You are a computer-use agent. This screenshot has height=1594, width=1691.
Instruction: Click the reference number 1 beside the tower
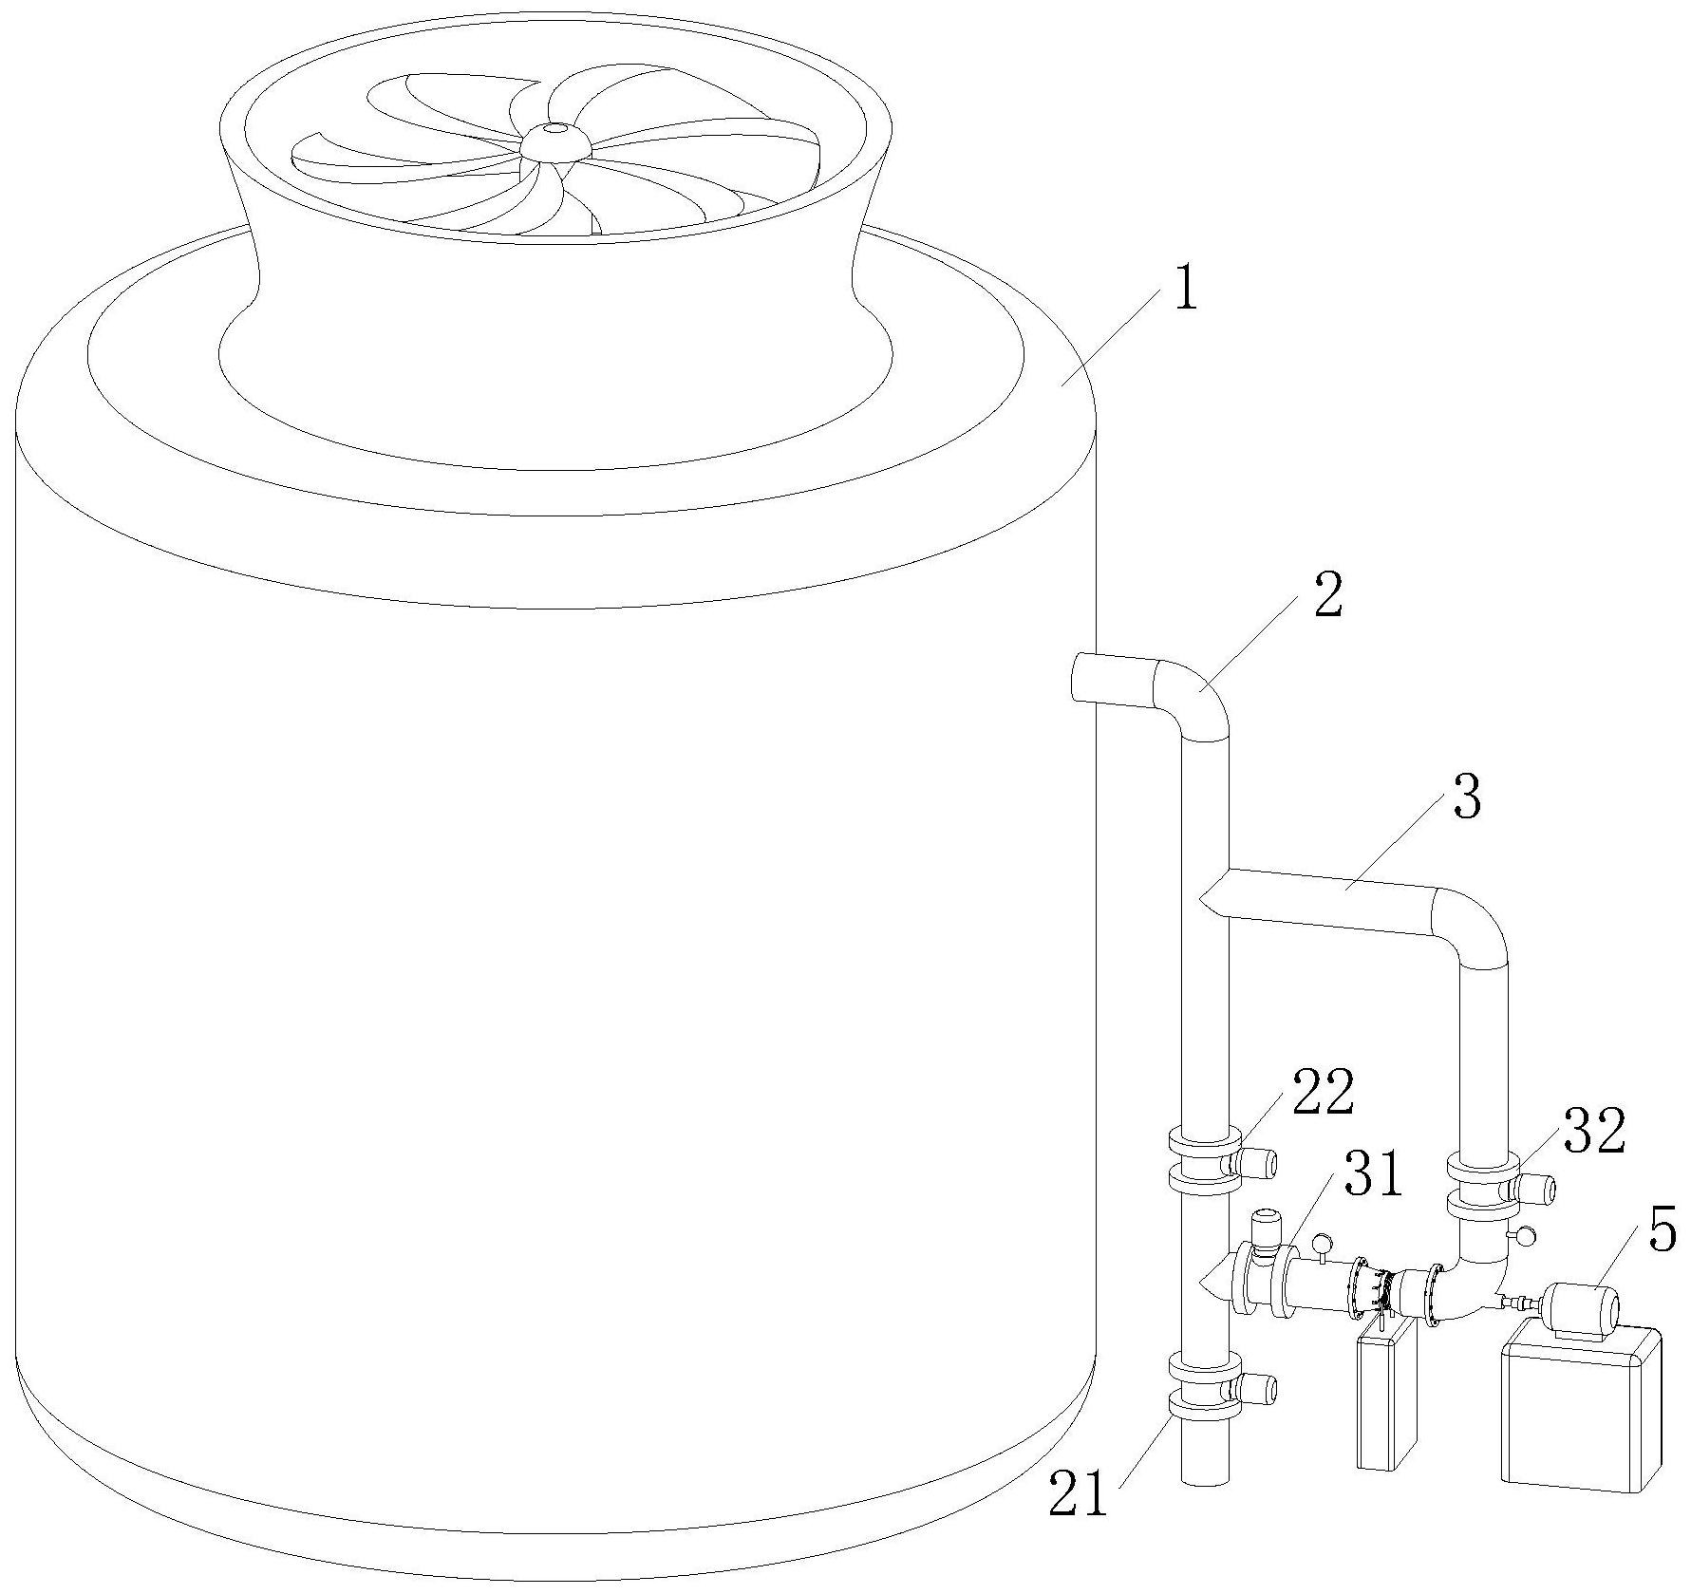[x=1184, y=290]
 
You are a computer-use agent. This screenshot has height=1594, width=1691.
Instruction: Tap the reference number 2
[x=1327, y=596]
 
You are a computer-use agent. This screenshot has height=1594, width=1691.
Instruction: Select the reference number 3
[x=1466, y=798]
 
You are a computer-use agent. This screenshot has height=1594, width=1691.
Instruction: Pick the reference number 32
[x=1595, y=1131]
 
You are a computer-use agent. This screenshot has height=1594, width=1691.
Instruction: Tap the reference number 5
[x=1661, y=1230]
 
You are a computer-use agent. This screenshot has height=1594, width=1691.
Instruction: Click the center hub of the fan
[x=555, y=140]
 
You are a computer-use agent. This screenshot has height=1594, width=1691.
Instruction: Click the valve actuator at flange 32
[x=1535, y=1188]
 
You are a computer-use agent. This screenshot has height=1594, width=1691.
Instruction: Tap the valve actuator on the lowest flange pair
[x=1257, y=1389]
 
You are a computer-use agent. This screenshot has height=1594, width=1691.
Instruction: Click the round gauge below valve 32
[x=1525, y=1236]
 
